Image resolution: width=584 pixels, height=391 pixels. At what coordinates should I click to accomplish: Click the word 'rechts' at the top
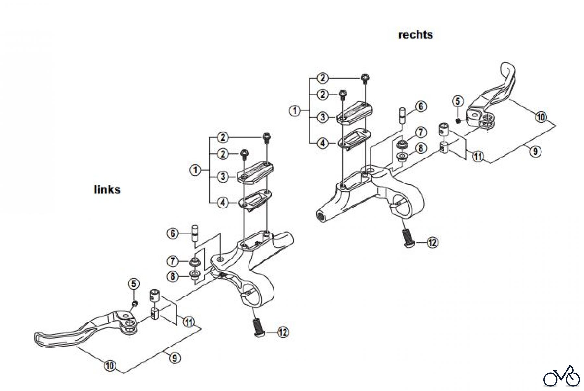click(415, 35)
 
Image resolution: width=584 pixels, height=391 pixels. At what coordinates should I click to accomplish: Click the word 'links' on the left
click(107, 189)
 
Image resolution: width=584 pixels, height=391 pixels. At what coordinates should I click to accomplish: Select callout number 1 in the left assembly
click(195, 170)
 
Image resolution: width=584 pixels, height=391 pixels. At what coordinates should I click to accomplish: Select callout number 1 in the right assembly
click(295, 110)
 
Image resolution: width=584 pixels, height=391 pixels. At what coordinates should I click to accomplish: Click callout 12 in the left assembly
click(283, 332)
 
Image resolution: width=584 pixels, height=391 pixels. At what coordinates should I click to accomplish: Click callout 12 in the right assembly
click(432, 242)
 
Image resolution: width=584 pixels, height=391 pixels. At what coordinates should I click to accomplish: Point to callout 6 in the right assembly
click(420, 106)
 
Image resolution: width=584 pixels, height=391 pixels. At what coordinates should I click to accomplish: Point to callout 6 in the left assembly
click(173, 233)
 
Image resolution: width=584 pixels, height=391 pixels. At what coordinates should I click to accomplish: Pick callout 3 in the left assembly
click(223, 177)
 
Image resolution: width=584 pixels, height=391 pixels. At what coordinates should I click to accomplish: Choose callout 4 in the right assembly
click(322, 143)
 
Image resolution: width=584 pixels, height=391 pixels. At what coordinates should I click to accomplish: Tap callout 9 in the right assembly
click(535, 151)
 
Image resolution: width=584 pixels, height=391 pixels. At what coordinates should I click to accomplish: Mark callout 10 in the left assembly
click(110, 366)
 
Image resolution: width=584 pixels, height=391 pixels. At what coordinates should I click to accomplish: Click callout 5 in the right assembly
click(457, 101)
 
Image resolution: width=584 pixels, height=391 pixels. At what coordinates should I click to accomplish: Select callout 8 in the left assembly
click(173, 276)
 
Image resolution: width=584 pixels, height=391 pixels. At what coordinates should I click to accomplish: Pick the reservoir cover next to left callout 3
click(255, 173)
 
